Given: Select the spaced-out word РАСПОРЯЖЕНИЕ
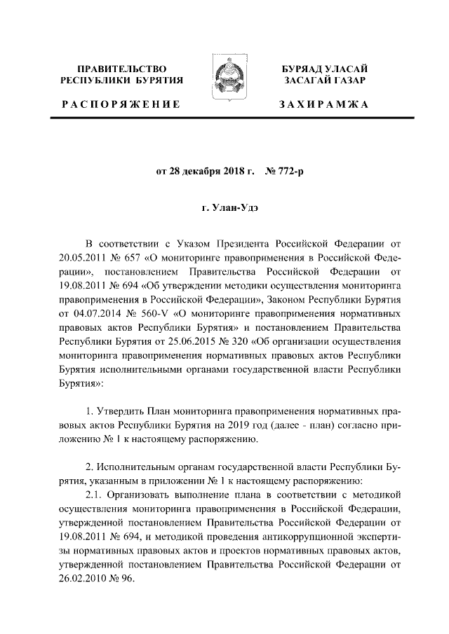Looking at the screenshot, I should coord(121,104).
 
